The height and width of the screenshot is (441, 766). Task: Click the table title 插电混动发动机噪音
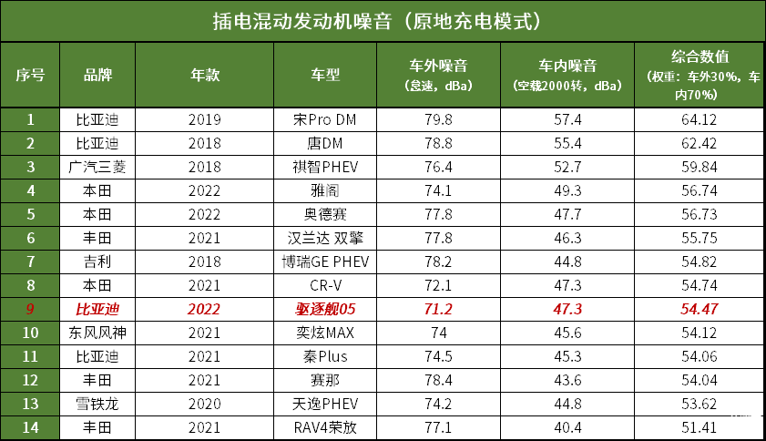[383, 20]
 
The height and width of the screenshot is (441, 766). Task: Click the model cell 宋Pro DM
[325, 120]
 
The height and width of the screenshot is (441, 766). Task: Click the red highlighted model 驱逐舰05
[325, 309]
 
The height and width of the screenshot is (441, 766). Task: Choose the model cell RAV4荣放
[325, 427]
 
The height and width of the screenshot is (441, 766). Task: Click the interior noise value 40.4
[567, 427]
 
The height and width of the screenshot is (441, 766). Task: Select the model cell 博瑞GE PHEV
[325, 262]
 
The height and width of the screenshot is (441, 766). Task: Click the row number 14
[30, 427]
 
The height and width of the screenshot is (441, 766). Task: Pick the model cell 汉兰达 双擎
[325, 238]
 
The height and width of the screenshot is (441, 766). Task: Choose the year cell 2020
[204, 404]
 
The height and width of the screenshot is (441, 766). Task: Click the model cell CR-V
[325, 285]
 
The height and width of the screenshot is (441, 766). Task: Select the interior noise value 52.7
[567, 167]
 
